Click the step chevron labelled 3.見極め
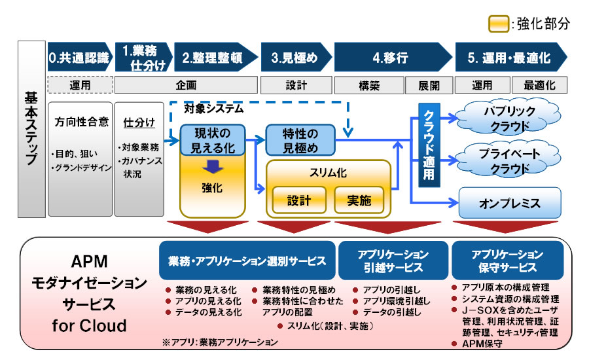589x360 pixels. point(296,57)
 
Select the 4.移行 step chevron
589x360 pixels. point(393,57)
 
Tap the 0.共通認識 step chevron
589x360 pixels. point(80,57)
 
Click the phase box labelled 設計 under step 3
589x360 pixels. point(296,85)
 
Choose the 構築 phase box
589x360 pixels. point(369,85)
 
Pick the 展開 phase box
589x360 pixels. point(429,85)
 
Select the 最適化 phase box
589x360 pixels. point(539,85)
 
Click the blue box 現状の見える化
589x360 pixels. point(213,140)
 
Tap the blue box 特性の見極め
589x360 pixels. point(300,140)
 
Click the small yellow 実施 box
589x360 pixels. point(359,200)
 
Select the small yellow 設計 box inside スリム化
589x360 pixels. point(299,200)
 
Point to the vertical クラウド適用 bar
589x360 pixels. point(429,145)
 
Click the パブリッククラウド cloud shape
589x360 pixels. point(509,118)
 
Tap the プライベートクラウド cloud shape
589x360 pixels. point(509,160)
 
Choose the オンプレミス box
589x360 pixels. point(510,203)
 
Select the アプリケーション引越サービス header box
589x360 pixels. point(393,261)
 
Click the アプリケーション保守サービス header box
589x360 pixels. point(507,261)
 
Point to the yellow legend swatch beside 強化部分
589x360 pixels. point(499,24)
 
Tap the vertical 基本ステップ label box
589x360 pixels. point(31,129)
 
